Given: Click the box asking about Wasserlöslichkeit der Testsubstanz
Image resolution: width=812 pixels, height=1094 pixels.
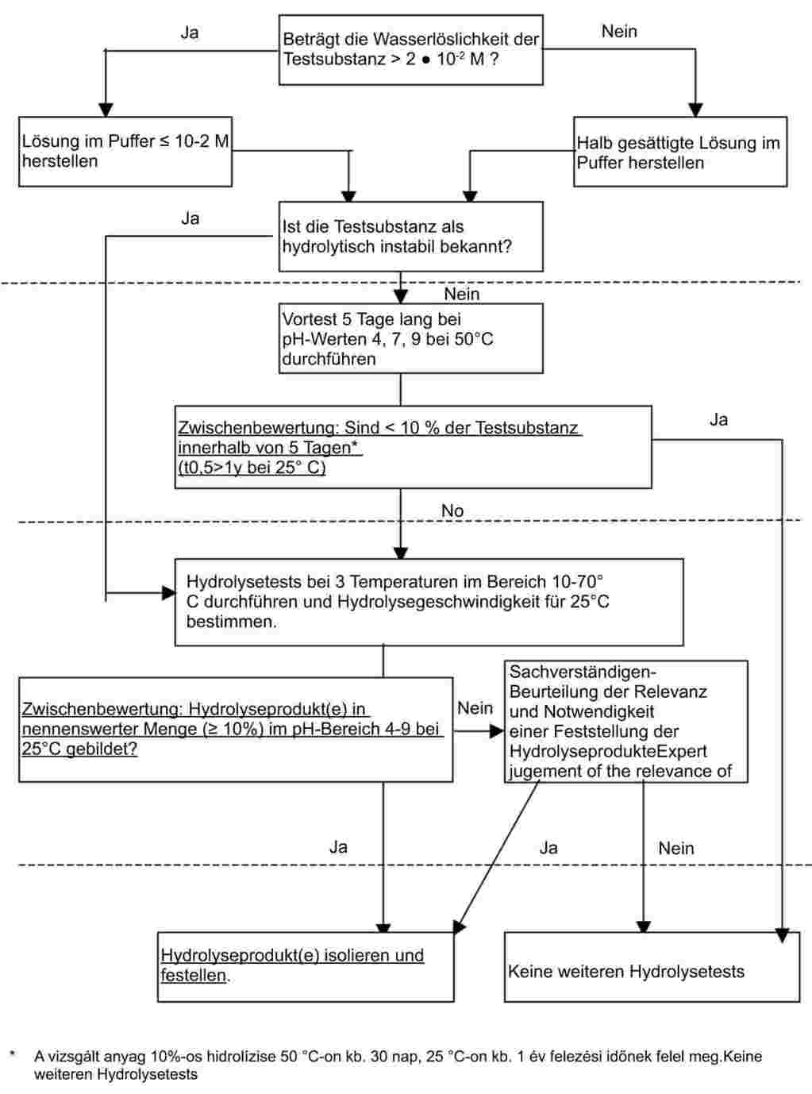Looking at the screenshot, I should (x=410, y=49).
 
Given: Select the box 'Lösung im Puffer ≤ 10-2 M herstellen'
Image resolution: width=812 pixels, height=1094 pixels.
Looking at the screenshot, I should (x=125, y=152).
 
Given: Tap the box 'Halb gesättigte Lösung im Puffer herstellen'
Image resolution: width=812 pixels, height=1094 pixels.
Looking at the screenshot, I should (x=679, y=152).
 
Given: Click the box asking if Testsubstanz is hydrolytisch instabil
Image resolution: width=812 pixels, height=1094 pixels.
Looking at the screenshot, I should (x=410, y=237).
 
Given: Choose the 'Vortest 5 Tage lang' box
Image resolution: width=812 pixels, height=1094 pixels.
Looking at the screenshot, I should (x=410, y=338).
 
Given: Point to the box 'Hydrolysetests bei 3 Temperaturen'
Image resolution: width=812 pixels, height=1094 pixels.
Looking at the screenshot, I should (x=429, y=602).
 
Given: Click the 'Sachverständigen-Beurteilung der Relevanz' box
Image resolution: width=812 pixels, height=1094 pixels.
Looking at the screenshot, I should (x=625, y=721).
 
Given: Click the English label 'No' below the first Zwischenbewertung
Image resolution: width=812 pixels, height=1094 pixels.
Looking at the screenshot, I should (x=452, y=510).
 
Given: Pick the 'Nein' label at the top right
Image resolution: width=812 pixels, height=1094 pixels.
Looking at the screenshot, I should (x=619, y=32).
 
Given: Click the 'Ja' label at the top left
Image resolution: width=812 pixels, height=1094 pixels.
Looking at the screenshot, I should (x=190, y=33).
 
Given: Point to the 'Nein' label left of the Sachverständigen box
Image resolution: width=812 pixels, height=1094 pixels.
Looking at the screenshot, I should (x=475, y=707).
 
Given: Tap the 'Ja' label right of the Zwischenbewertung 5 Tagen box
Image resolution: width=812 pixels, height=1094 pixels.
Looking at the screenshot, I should (x=718, y=419).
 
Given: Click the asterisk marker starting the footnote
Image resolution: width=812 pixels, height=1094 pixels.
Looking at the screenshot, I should (x=13, y=1054).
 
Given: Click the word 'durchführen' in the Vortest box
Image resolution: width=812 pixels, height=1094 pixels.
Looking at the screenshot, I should (x=329, y=359).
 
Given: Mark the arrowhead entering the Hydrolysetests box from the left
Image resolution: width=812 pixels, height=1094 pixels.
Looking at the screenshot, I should (x=168, y=592).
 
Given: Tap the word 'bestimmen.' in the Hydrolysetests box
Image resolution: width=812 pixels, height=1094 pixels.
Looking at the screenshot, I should (x=232, y=622).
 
